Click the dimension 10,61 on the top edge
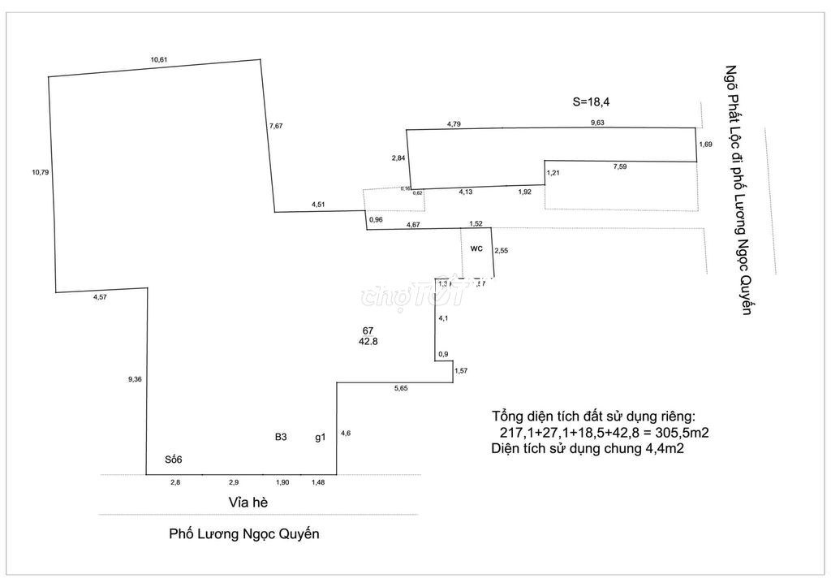158,59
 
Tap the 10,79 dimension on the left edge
41,171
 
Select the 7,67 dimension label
278,126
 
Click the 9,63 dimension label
598,123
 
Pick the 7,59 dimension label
621,167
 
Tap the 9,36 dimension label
136,378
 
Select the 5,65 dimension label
401,390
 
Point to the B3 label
281,437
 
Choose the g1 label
321,438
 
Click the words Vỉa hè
248,503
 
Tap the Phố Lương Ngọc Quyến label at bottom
245,534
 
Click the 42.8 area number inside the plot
368,342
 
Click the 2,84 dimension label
398,158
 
